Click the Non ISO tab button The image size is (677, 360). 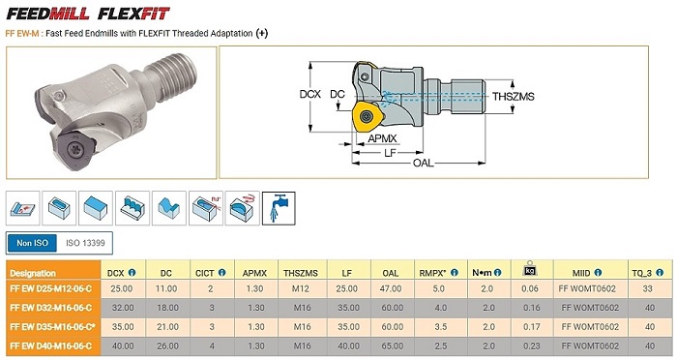pos(32,243)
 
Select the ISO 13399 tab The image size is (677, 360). pos(85,243)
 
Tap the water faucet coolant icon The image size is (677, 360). pos(279,208)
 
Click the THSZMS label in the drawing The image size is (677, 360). pos(514,97)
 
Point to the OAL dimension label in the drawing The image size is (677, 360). pos(424,163)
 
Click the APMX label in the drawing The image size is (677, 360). pos(382,138)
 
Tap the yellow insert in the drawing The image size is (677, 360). pos(367,116)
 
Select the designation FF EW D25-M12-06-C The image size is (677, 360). pos(51,288)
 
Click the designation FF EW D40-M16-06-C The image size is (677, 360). pos(51,345)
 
